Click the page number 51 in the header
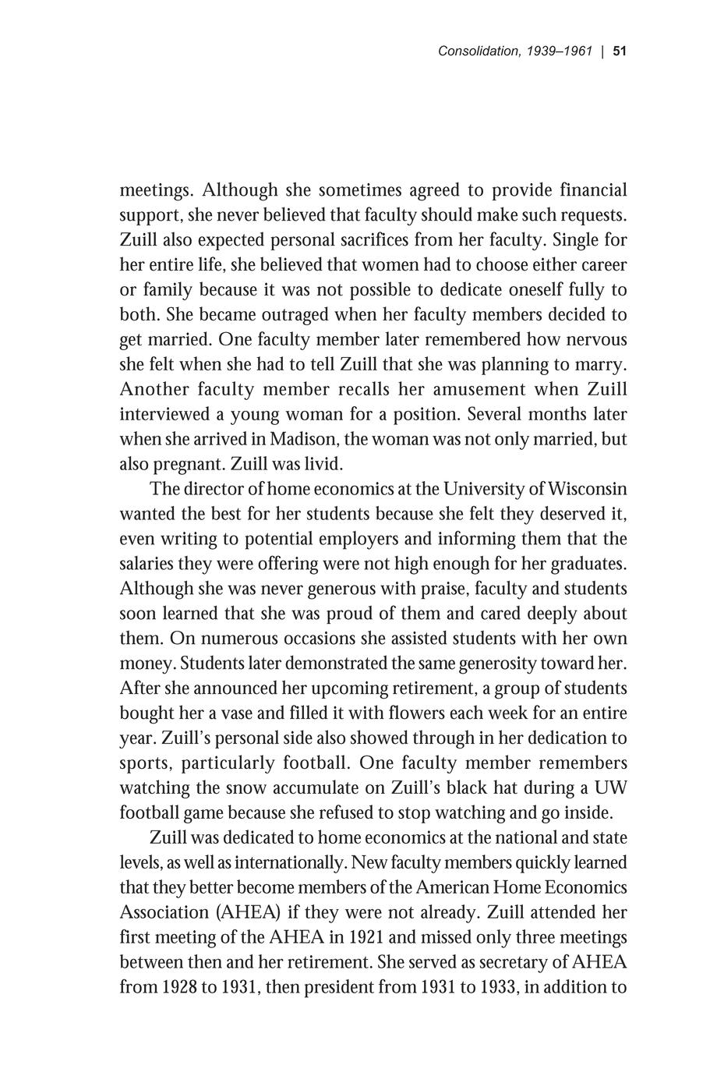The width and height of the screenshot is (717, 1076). [620, 51]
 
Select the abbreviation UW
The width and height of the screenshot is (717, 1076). [609, 788]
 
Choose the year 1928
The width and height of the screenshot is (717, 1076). [182, 987]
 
